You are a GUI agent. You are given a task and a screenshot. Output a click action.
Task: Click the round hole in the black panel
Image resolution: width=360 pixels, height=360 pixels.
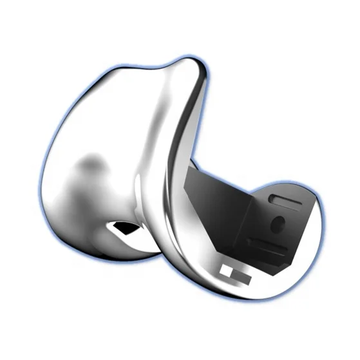click(x=278, y=223)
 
